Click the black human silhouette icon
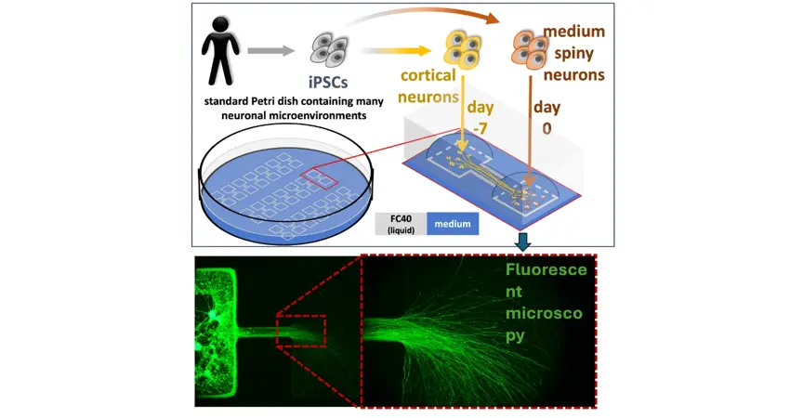[220, 51]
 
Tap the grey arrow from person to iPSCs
[271, 50]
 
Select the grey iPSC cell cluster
[329, 49]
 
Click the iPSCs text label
[328, 82]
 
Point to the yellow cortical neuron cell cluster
[463, 49]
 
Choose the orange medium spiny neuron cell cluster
[530, 49]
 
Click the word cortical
[428, 75]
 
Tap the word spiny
[573, 53]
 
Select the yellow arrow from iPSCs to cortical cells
[396, 50]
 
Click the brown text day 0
[546, 118]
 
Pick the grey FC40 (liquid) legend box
[402, 224]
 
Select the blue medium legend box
[453, 224]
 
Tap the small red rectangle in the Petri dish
[320, 177]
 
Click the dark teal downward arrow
[523, 243]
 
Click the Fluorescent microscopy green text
[546, 302]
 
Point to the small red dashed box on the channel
[301, 331]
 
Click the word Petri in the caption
[267, 102]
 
